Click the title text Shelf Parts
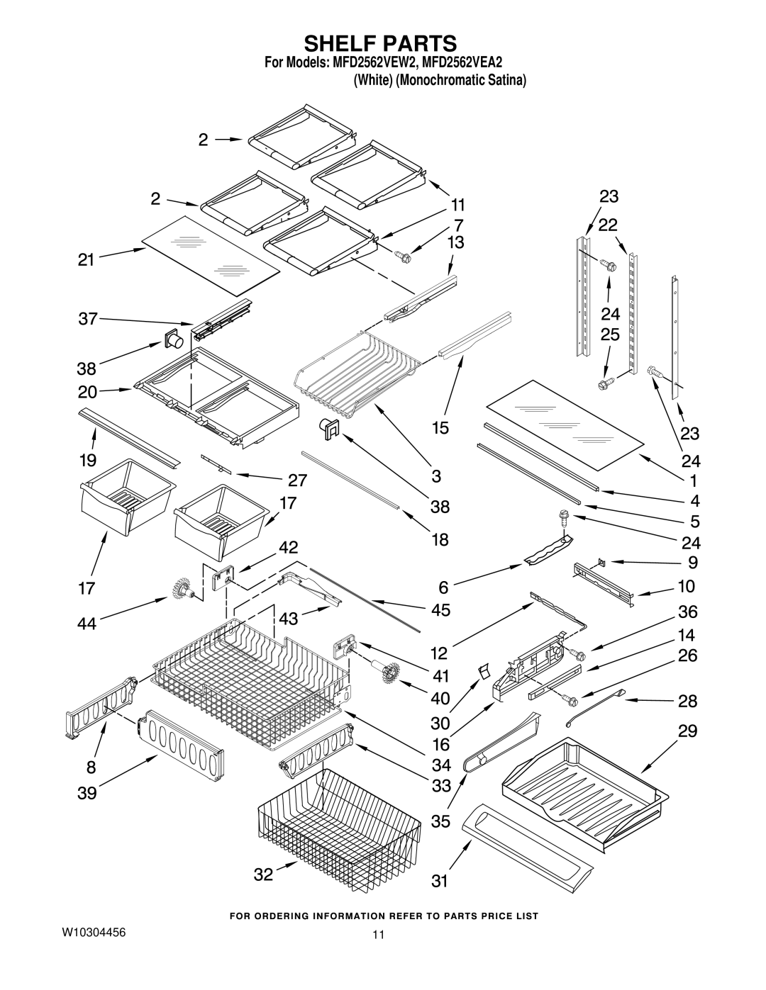pos(382,42)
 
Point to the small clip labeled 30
pos(484,670)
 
